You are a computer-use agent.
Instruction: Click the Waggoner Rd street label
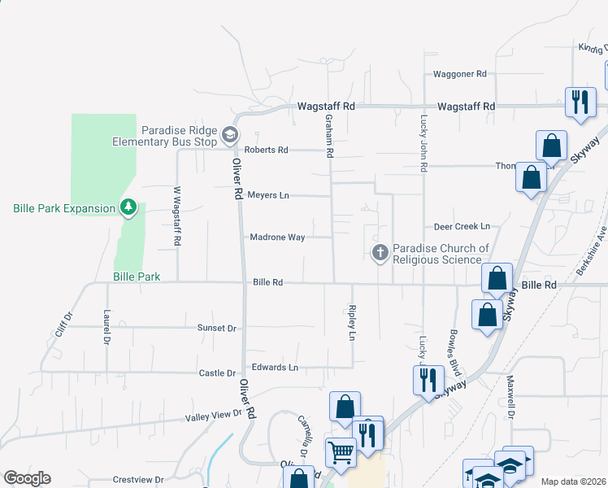tap(459, 74)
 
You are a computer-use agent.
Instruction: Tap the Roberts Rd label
tap(266, 150)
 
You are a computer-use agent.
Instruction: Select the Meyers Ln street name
tap(267, 195)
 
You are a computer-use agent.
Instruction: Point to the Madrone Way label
tap(277, 237)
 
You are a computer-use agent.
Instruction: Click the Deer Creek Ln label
tap(462, 226)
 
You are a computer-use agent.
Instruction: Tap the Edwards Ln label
tap(275, 368)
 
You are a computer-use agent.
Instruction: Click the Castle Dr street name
tap(217, 373)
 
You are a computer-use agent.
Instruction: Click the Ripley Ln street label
tap(352, 322)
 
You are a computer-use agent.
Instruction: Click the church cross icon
tap(380, 253)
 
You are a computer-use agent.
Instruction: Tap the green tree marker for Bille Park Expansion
tap(128, 208)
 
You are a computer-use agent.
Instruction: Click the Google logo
tap(27, 478)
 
